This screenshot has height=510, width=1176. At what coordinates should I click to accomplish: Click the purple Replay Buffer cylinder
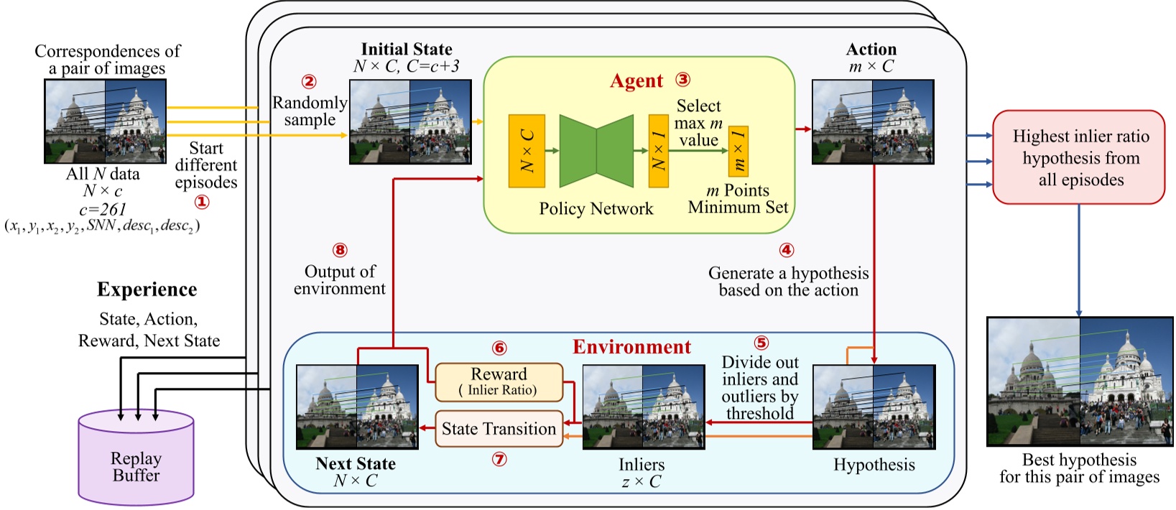(136, 460)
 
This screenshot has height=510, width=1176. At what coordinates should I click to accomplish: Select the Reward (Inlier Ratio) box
(499, 381)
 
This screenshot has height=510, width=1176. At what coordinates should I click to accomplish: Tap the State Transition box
(499, 429)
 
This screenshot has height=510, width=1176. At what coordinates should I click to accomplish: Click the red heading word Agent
(636, 81)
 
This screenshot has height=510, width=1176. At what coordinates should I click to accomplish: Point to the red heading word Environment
(631, 347)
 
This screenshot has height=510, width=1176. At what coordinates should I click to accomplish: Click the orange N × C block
(527, 151)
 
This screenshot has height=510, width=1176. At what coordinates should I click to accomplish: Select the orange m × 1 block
(739, 151)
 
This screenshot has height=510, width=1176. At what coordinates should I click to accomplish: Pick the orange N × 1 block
(658, 151)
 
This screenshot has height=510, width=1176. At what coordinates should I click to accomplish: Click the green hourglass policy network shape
(596, 151)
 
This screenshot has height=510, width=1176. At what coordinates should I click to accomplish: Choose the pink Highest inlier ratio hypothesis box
(1078, 157)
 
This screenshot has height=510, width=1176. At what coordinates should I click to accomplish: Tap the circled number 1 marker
(203, 202)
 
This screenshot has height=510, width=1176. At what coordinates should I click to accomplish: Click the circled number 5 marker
(761, 343)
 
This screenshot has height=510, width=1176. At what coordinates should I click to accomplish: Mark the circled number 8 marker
(340, 250)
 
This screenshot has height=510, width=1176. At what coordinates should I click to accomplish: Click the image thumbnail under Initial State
(410, 122)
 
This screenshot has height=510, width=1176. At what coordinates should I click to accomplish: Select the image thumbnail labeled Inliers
(643, 407)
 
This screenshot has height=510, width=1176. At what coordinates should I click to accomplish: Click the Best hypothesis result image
(1079, 381)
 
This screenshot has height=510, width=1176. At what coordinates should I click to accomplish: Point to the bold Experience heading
(147, 289)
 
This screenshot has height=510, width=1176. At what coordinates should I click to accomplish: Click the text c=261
(103, 209)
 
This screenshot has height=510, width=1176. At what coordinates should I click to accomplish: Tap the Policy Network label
(596, 209)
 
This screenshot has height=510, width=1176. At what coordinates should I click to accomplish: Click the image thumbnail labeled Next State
(357, 407)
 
